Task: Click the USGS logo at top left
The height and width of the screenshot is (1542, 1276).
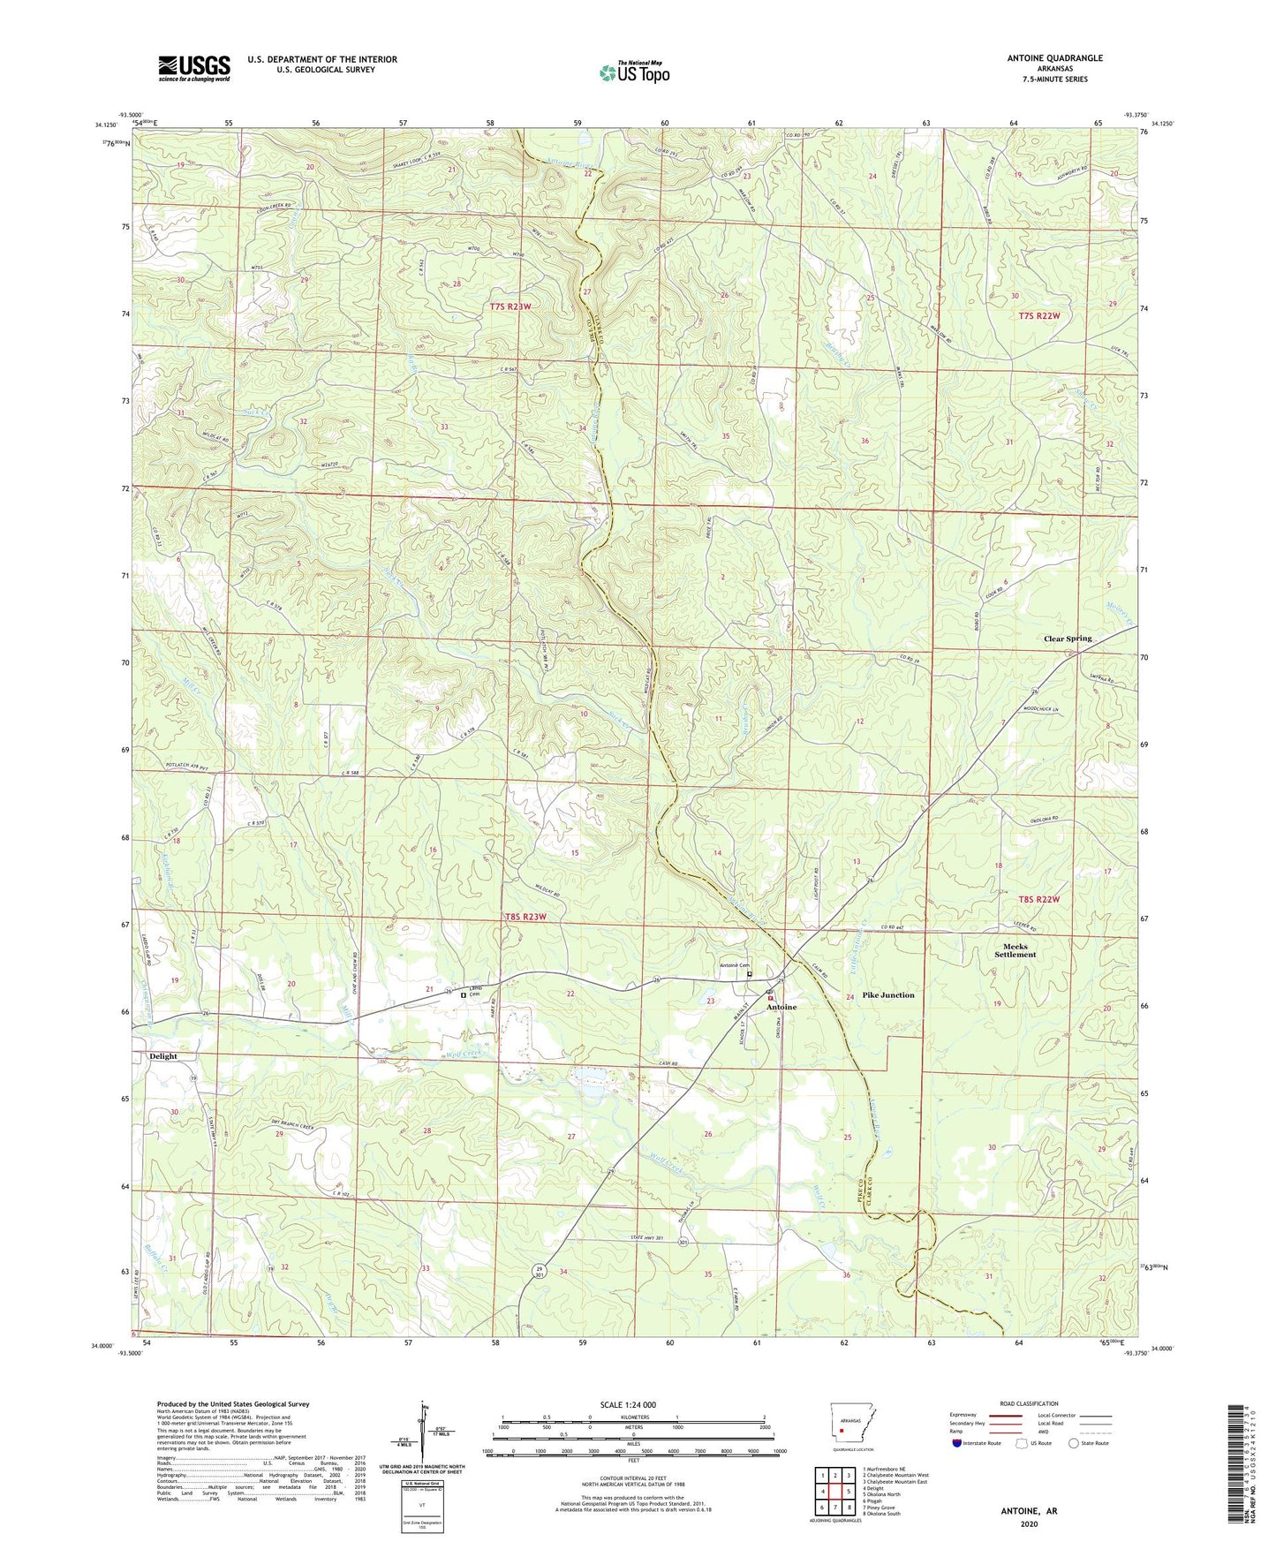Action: (x=194, y=68)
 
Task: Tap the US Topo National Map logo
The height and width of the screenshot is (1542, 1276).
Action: (x=634, y=72)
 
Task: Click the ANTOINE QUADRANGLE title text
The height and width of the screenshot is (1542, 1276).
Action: (x=1054, y=58)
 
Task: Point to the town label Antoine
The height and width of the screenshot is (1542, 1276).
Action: (x=781, y=1007)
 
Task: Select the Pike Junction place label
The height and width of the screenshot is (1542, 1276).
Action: (x=887, y=995)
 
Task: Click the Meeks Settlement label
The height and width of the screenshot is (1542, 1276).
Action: (x=1015, y=950)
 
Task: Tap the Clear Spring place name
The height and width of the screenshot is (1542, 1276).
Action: (x=1068, y=639)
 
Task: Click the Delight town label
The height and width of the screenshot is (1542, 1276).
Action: (x=162, y=1056)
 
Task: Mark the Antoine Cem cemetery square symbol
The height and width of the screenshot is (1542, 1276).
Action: (x=750, y=975)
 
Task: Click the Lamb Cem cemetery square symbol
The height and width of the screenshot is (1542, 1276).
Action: (x=463, y=995)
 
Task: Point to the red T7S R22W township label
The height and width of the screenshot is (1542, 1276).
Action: (x=1038, y=315)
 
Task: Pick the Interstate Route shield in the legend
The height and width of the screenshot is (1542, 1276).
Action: (x=958, y=1443)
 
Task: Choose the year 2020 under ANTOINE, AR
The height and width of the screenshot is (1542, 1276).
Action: (x=1029, y=1524)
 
